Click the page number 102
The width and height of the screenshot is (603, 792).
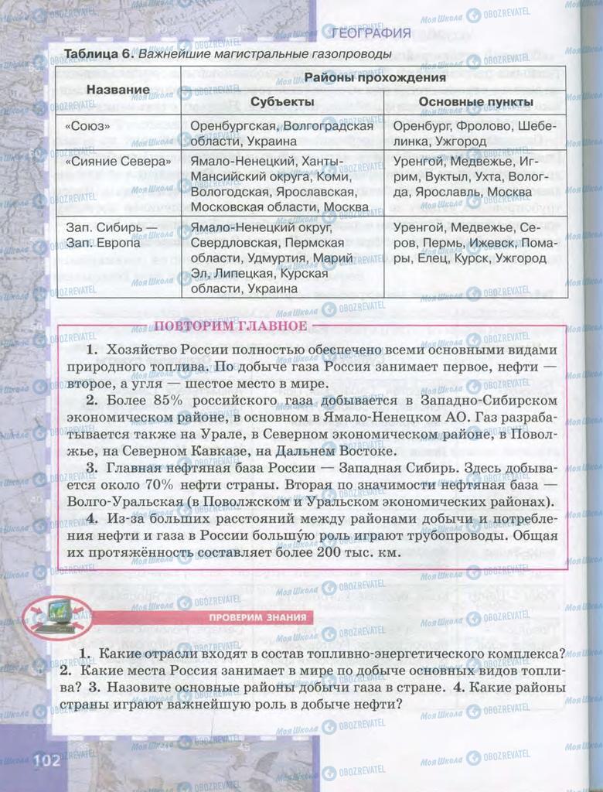[x=46, y=760]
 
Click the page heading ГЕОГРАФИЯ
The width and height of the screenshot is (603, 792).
[x=370, y=32]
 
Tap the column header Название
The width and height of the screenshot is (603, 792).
[x=118, y=90]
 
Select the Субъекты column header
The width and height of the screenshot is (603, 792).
[x=282, y=102]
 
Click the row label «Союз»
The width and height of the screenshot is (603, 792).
[x=88, y=125]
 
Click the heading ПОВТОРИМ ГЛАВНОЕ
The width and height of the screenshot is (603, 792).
[x=230, y=326]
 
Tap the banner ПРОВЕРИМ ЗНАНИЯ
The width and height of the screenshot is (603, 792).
[x=261, y=617]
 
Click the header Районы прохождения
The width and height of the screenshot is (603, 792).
[x=374, y=77]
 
